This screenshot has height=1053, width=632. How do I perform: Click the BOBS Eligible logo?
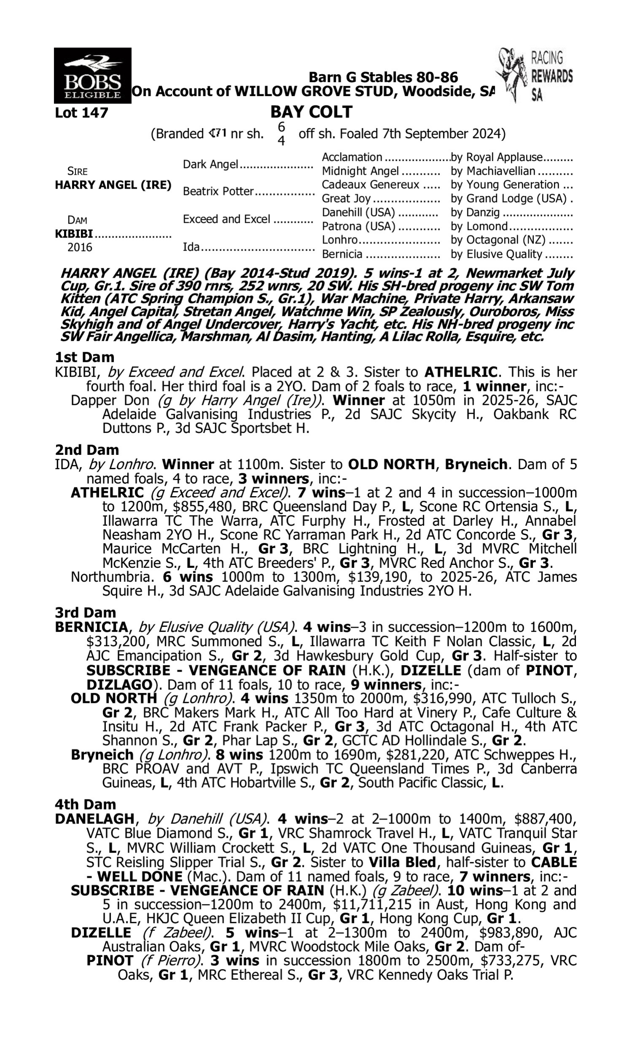(x=92, y=76)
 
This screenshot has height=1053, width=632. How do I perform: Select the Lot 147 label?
(x=82, y=113)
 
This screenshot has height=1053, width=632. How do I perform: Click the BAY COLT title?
(x=311, y=112)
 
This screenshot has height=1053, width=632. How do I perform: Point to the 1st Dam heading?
(x=85, y=357)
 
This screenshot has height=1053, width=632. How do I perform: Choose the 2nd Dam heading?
(x=87, y=449)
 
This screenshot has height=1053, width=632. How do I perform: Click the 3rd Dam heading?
(x=86, y=612)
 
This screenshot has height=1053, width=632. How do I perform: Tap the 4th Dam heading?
(x=86, y=804)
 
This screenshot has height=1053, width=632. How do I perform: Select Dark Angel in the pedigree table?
(x=210, y=164)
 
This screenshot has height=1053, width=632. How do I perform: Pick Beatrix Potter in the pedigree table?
(x=218, y=192)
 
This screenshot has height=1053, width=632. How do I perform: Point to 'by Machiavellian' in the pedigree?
(x=493, y=171)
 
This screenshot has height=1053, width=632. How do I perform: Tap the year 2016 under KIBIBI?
(x=80, y=247)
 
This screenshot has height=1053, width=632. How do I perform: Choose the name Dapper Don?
(x=110, y=401)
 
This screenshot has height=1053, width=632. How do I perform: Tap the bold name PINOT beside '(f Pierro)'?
(x=110, y=961)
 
